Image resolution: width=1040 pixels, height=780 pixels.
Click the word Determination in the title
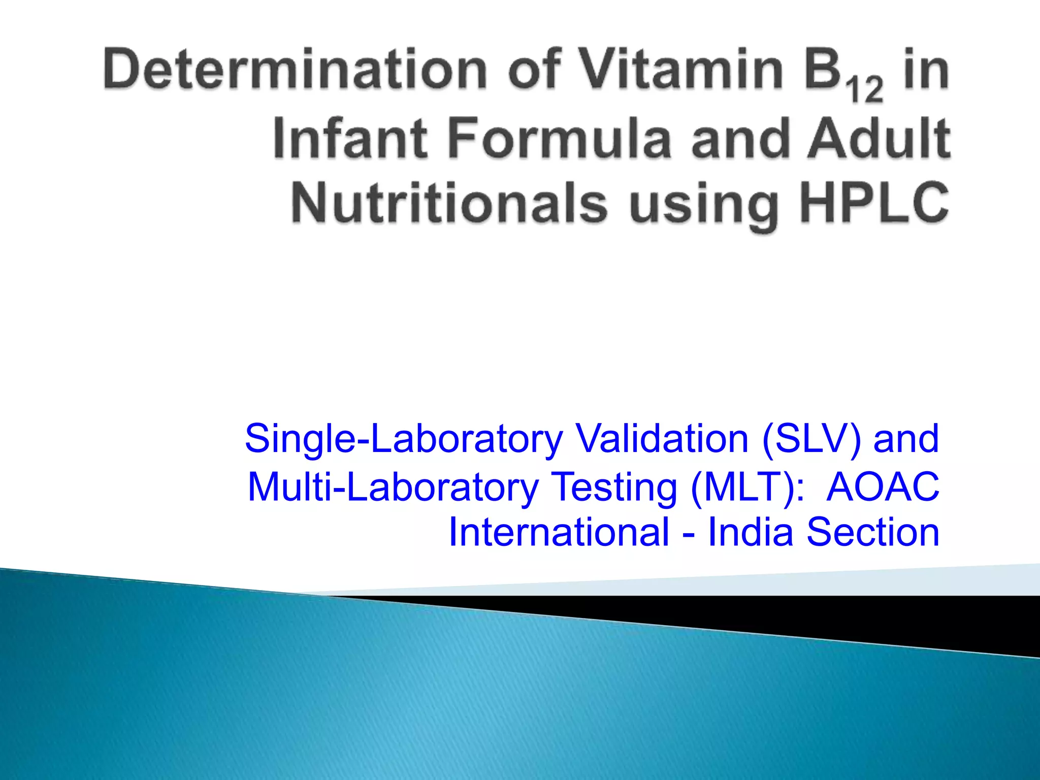tap(295, 70)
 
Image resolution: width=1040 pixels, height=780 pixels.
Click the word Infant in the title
tap(350, 138)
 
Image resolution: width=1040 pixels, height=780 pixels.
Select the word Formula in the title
tap(559, 138)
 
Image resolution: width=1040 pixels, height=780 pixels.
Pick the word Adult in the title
tap(879, 138)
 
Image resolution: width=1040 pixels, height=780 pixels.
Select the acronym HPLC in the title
tap(874, 203)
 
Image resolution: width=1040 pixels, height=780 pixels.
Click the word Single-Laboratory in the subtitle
tap(404, 439)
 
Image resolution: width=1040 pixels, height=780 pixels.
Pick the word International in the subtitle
tap(559, 532)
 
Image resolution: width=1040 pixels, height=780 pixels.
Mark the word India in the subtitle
tap(750, 532)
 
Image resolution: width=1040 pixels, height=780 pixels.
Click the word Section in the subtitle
tap(873, 532)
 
